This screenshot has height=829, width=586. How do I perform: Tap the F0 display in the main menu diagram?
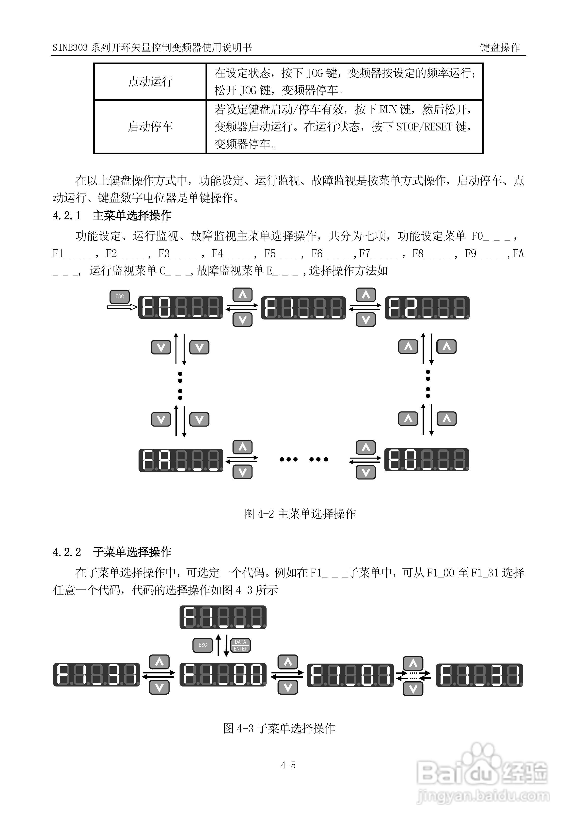181,307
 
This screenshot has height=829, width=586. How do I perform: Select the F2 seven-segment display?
427,308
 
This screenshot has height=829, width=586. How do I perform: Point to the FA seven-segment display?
181,460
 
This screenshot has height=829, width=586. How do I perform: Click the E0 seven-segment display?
427,460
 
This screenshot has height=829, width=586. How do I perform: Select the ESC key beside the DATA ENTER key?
203,645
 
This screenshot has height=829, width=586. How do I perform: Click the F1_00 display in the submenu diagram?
223,675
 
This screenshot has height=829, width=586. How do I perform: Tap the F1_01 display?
350,675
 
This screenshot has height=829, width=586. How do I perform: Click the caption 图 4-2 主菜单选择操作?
300,514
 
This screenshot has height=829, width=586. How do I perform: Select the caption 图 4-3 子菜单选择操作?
279,728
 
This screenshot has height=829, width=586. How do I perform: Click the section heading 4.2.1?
112,216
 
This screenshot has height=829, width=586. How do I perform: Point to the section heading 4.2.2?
112,552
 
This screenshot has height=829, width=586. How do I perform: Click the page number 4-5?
288,765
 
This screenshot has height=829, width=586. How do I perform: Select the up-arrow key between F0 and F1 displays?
242,295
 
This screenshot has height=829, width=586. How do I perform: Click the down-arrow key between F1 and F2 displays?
366,319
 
